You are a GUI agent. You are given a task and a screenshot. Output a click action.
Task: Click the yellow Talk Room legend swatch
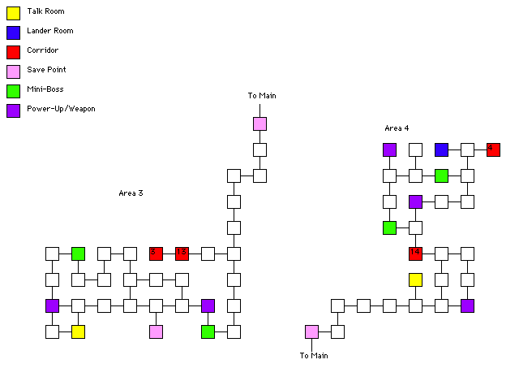coord(13,12)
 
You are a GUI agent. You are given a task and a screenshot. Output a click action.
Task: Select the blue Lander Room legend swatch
coord(13,32)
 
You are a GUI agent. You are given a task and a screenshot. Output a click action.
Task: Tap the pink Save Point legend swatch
coord(13,71)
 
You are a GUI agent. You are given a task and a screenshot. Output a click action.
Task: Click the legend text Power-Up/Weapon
coord(61,109)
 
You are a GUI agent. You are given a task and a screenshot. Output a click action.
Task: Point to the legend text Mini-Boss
coord(45,89)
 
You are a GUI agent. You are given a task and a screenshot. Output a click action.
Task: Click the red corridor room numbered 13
coord(182,253)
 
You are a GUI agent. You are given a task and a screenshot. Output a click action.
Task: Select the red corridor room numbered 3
coord(156,253)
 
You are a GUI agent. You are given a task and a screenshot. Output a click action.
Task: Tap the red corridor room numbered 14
coord(415,253)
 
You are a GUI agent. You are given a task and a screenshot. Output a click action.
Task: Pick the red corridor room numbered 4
coord(493,149)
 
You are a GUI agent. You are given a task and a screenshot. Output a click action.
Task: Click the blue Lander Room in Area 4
coord(441,149)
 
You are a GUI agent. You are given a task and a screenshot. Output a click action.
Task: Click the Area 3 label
coord(131,193)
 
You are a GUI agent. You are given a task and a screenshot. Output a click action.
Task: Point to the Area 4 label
coord(397,128)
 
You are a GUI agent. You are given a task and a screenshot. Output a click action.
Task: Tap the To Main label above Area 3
coord(262,96)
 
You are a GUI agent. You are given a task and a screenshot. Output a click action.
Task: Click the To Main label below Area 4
coord(314,355)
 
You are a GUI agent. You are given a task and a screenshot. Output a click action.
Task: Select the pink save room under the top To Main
coord(259,123)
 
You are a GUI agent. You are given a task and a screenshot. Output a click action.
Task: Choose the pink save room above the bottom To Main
coord(311,331)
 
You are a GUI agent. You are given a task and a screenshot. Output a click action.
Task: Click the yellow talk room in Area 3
coord(78,331)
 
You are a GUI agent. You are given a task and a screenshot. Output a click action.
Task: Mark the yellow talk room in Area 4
coord(415,279)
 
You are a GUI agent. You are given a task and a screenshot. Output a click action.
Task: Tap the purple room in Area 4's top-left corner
coord(389,149)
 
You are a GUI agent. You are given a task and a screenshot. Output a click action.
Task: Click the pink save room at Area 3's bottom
coord(156,331)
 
